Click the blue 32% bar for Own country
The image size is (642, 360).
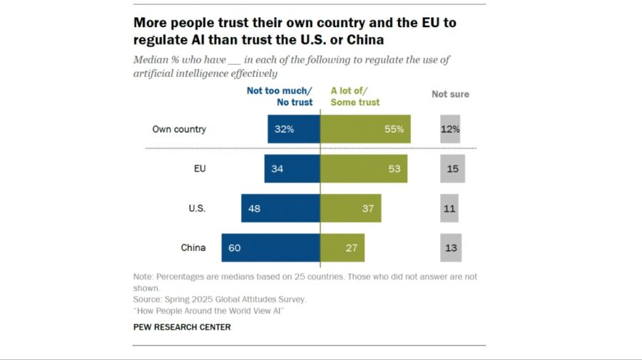[x=294, y=130]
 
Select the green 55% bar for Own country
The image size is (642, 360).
[x=365, y=130]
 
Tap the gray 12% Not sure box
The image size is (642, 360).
[x=450, y=130]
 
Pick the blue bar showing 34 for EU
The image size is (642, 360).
[x=292, y=169]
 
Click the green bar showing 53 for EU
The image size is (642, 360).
[x=364, y=169]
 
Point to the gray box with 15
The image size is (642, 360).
[x=452, y=169]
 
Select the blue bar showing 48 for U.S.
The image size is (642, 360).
[x=280, y=208]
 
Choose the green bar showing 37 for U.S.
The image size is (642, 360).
[x=351, y=208]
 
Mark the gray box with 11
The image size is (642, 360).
[x=449, y=208]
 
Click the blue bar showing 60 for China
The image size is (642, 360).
[x=270, y=247]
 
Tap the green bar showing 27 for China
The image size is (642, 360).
[x=342, y=247]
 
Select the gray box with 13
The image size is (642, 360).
[x=451, y=247]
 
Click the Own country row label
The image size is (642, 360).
[x=179, y=130]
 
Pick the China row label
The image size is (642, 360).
[x=193, y=247]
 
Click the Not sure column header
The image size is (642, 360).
[x=450, y=94]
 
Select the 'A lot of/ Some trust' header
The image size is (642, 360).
[x=355, y=96]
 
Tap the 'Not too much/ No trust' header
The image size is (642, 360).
[x=280, y=96]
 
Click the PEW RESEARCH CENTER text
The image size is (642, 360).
[x=182, y=327]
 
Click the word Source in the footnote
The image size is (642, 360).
[x=148, y=299]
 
